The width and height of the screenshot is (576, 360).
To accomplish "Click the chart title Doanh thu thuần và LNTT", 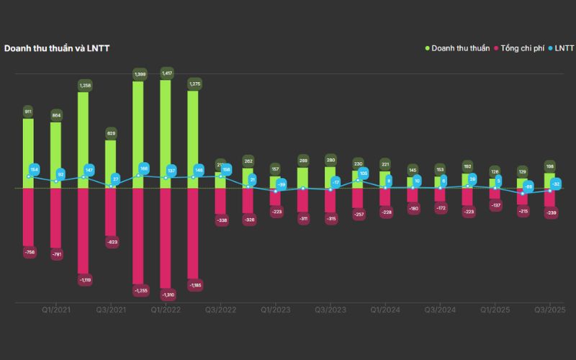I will (57, 48).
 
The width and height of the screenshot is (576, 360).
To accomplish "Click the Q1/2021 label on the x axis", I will (55, 310).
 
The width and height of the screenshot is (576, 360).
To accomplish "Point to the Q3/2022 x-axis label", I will (220, 310).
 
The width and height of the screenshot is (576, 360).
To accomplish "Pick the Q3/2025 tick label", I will (549, 310).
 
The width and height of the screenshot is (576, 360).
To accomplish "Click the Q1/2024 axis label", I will (384, 310).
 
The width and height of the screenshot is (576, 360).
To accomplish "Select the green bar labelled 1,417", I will (166, 134).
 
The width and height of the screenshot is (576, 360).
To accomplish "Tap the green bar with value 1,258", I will (84, 140).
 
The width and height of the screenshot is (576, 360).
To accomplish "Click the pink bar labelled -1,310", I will (166, 238).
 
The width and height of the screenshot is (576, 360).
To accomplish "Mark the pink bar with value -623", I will (111, 212).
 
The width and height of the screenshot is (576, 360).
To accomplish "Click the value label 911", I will (29, 112).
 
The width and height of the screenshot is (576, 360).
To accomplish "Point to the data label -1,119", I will (84, 279).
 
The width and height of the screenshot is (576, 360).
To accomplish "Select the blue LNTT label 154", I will (35, 169).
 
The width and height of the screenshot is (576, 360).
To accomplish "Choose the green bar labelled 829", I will (111, 164).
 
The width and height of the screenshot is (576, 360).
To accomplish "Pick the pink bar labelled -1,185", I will (193, 233).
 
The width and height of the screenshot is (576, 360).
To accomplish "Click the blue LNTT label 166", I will (143, 168).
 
